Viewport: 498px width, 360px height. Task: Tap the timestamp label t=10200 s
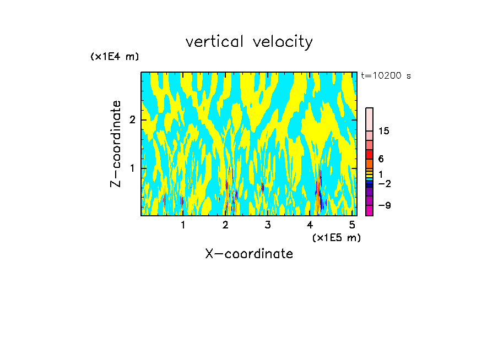[x=386, y=76]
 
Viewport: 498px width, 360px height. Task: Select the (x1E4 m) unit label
[x=115, y=57]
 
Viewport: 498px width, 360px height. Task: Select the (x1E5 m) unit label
[x=336, y=238]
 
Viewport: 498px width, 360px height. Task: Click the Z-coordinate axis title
[x=116, y=144]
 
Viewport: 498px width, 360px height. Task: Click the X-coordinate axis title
[x=249, y=254]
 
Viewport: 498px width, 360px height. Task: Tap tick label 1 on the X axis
[x=183, y=225]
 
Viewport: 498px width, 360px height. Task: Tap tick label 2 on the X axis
[x=225, y=225]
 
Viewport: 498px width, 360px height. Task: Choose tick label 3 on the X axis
[x=268, y=225]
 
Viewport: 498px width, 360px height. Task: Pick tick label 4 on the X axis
[x=310, y=225]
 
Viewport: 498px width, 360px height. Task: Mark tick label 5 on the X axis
[x=353, y=225]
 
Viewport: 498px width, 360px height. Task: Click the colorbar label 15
[x=384, y=131]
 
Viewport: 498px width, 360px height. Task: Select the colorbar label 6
[x=381, y=159]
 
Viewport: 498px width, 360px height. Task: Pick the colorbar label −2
[x=384, y=183]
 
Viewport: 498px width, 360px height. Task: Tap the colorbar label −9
[x=384, y=205]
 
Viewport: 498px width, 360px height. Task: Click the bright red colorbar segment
[x=369, y=154]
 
